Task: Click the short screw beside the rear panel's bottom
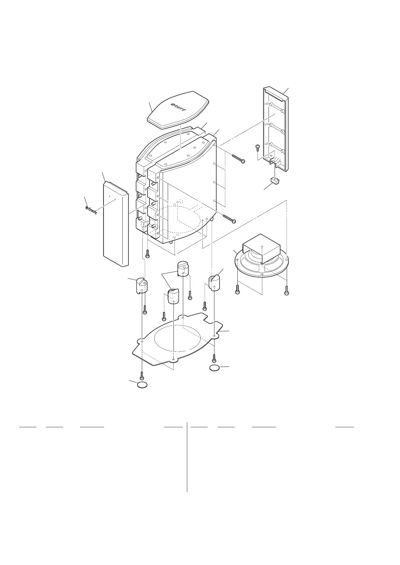pyautogui.click(x=258, y=147)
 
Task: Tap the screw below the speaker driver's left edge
pyautogui.click(x=238, y=290)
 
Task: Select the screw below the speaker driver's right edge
pyautogui.click(x=286, y=290)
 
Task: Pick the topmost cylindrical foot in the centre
pyautogui.click(x=183, y=269)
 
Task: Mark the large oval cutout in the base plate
pyautogui.click(x=178, y=339)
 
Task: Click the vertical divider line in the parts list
pyautogui.click(x=187, y=457)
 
